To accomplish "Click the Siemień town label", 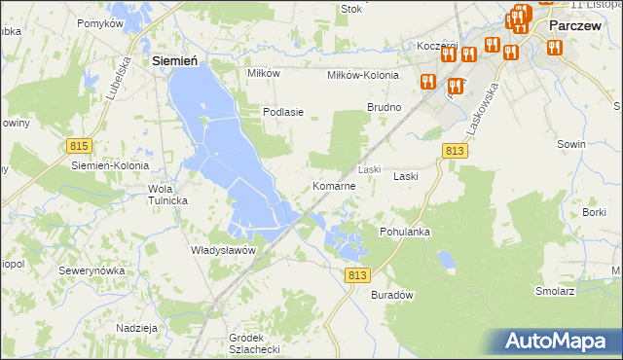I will click(x=176, y=60).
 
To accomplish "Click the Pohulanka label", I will click(x=405, y=233).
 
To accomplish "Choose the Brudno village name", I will click(x=384, y=106).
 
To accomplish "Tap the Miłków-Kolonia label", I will click(x=363, y=74).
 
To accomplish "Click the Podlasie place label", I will click(x=283, y=112).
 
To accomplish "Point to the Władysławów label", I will click(x=223, y=250).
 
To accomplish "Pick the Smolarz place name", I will click(x=554, y=290).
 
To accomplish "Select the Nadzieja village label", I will click(x=136, y=328).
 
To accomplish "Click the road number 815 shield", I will click(x=80, y=145).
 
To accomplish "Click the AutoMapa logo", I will click(x=560, y=342).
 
